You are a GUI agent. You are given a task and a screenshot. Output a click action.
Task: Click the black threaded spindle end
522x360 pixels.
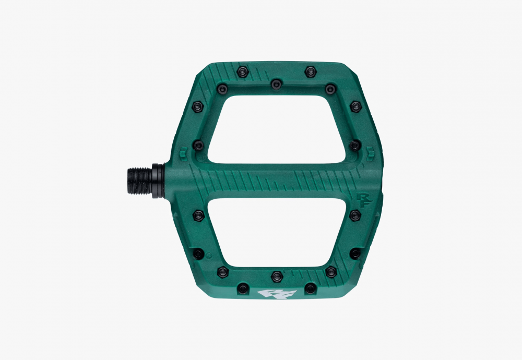pyautogui.click(x=139, y=181)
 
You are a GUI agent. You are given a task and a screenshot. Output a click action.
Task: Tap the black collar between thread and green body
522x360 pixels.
pyautogui.click(x=158, y=181)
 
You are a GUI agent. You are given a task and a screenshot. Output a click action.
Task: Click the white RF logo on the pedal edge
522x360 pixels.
pyautogui.click(x=277, y=294)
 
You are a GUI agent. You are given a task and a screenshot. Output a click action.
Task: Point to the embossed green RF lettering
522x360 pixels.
pyautogui.click(x=363, y=200)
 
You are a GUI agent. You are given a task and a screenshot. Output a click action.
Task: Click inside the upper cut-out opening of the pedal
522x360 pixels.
pyautogui.click(x=276, y=130)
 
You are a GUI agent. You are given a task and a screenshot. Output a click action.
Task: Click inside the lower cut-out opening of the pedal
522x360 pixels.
pyautogui.click(x=276, y=232)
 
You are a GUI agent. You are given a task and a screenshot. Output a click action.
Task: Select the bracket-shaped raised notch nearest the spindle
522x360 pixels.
pyautogui.click(x=183, y=154)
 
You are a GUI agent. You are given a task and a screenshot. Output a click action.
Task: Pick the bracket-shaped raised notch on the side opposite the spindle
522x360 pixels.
pyautogui.click(x=370, y=154)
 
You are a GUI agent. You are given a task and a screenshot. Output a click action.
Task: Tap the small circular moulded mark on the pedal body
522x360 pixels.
pyautogui.click(x=209, y=256)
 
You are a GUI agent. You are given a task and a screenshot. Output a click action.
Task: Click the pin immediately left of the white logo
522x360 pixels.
pyautogui.click(x=243, y=288)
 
